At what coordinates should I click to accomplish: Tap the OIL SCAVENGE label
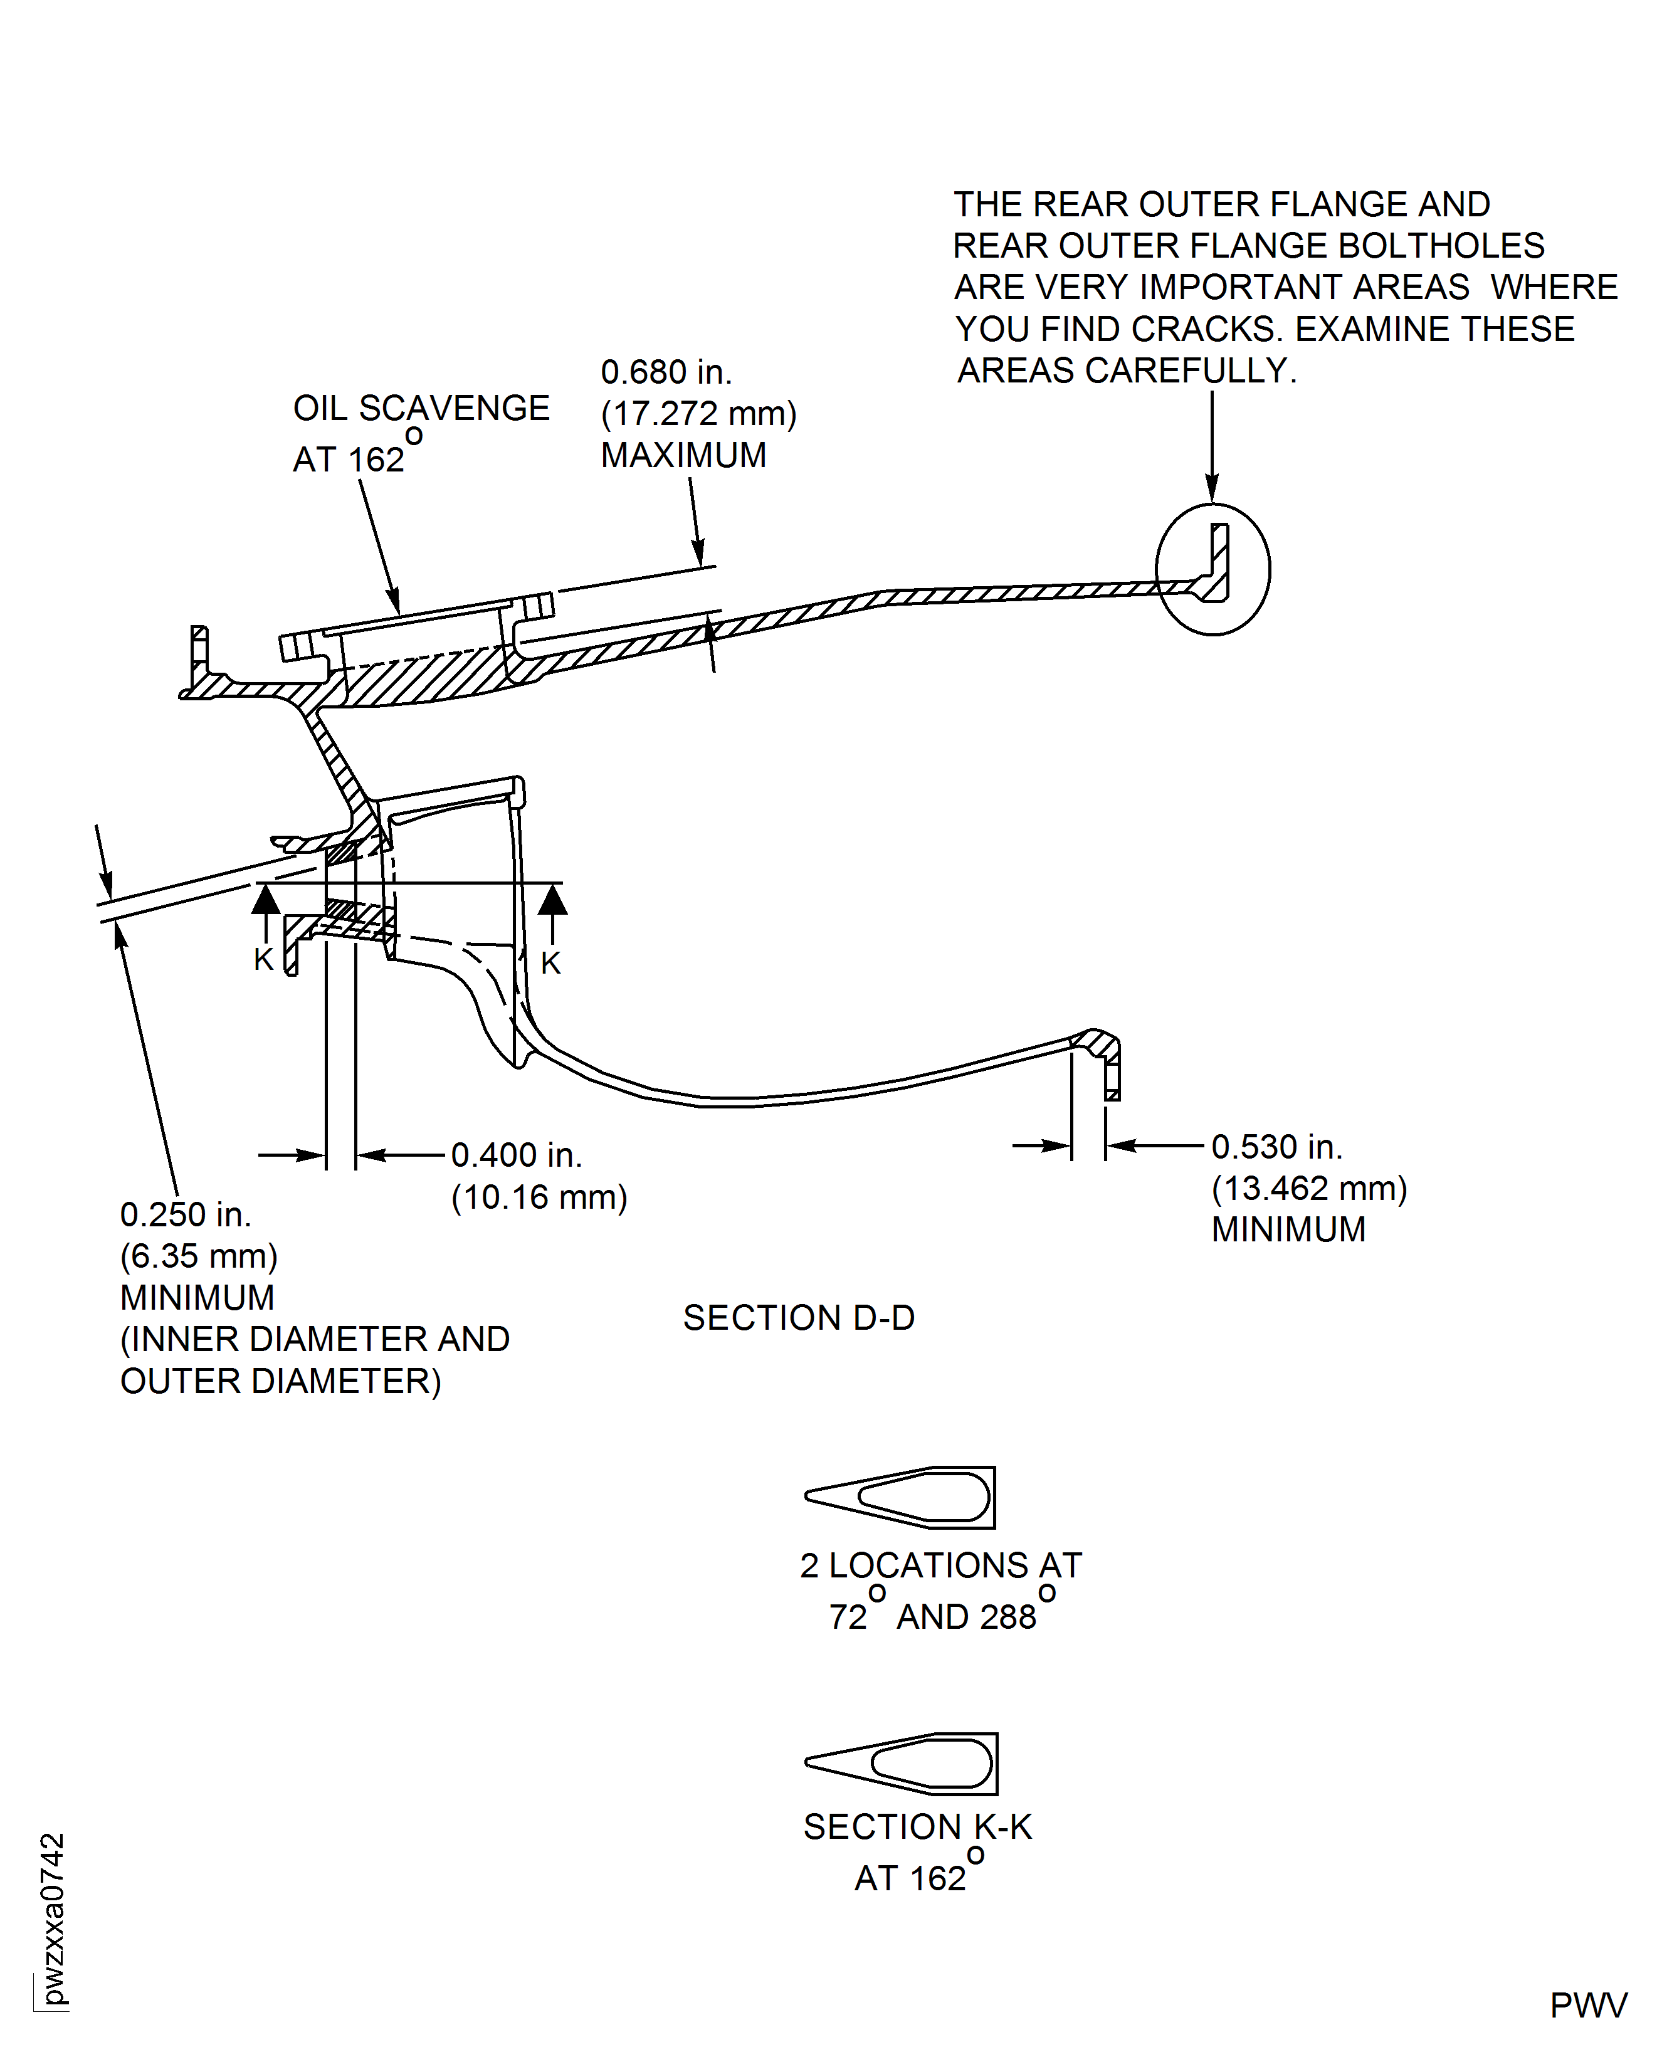[x=421, y=409]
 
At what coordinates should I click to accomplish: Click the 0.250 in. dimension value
[x=185, y=1215]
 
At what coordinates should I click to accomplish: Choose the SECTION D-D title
[x=799, y=1318]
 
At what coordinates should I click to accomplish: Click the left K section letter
[x=263, y=959]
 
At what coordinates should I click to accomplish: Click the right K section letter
[x=550, y=963]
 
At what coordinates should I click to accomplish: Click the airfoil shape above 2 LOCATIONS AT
[x=901, y=1498]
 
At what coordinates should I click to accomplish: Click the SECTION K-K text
[x=917, y=1827]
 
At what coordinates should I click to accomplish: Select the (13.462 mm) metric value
[x=1308, y=1188]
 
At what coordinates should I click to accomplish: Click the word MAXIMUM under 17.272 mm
[x=683, y=455]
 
